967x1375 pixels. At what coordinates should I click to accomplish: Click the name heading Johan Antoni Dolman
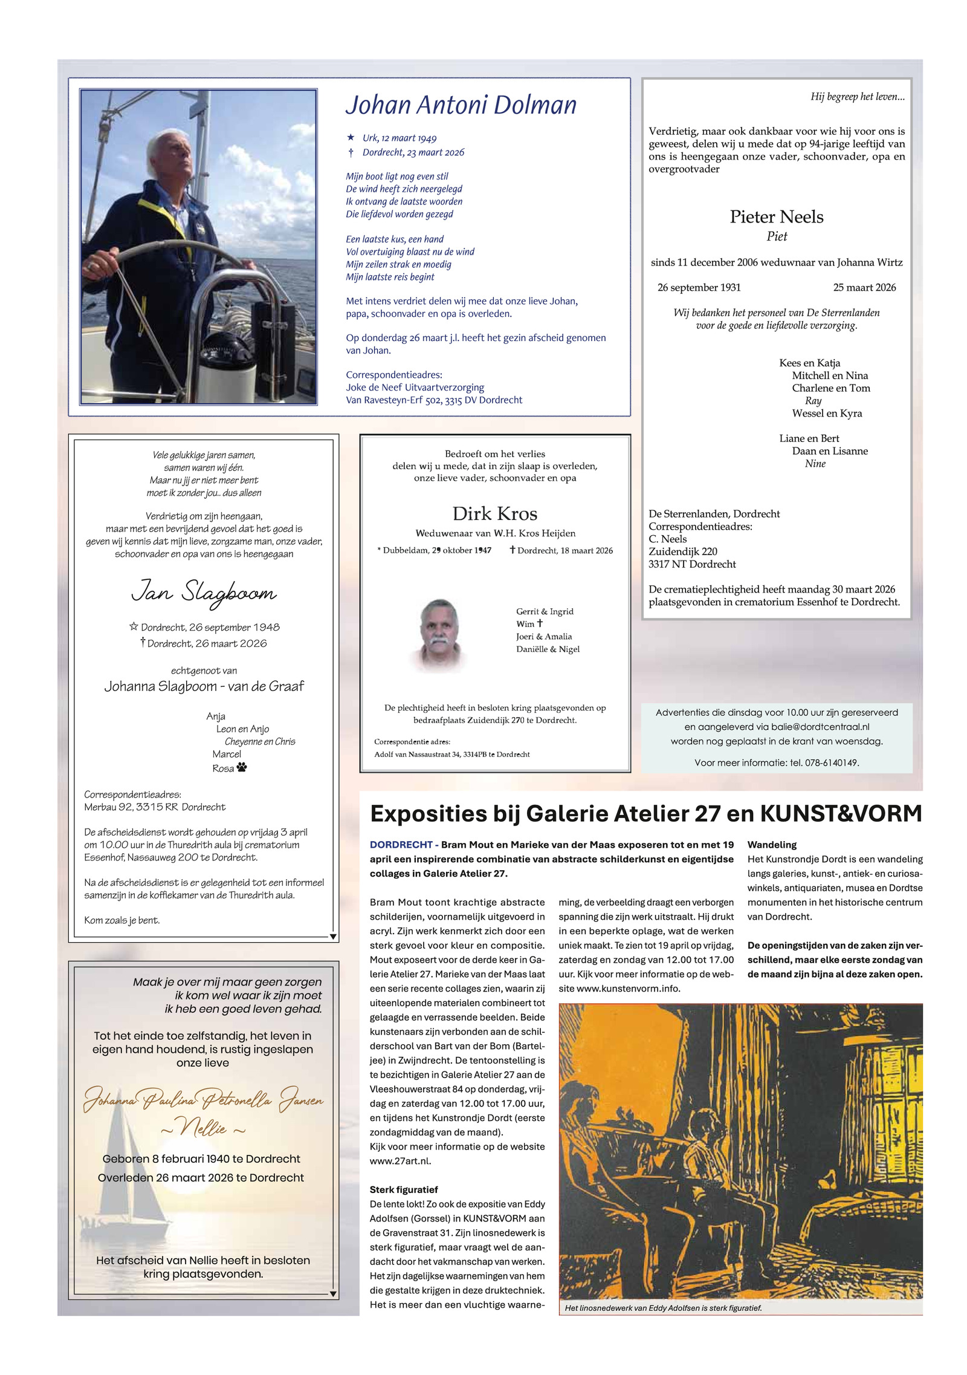point(461,105)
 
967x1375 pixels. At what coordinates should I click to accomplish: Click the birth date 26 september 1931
point(699,288)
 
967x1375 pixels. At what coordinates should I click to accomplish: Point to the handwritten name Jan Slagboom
point(204,591)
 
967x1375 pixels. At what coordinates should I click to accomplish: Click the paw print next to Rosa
point(242,767)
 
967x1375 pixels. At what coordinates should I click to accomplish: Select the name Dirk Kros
point(494,514)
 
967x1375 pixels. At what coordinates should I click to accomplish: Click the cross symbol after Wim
point(540,623)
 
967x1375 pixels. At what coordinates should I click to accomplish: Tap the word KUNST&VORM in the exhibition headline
point(840,814)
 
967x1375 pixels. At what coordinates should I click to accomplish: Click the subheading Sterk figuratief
point(404,1189)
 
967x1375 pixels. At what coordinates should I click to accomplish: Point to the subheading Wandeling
point(772,845)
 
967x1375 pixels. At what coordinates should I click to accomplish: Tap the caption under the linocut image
point(663,1307)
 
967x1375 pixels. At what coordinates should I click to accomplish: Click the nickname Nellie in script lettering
point(203,1128)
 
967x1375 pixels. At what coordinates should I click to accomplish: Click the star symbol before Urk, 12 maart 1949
point(351,137)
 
